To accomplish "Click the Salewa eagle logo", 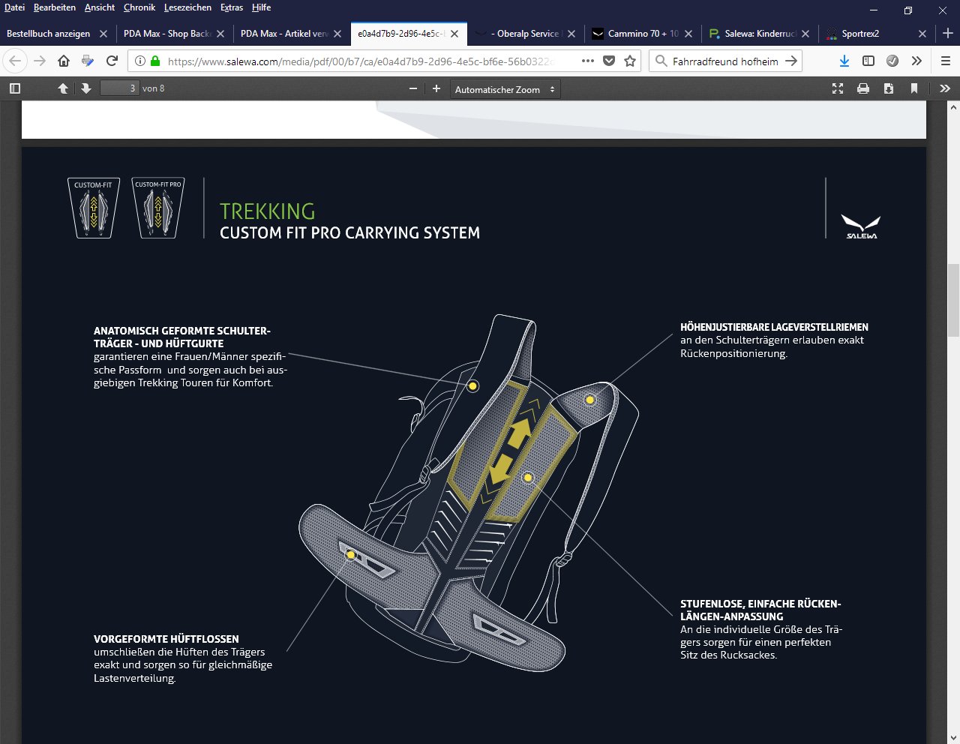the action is (x=860, y=226).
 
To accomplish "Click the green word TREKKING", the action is (x=267, y=211).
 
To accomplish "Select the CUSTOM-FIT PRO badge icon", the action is (x=158, y=208).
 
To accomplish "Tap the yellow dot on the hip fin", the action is (x=351, y=554).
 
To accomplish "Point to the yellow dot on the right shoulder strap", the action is (x=589, y=400).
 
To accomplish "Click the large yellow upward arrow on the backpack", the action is (x=519, y=432).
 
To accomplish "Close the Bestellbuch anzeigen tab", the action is (x=103, y=34).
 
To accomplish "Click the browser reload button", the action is (x=112, y=61).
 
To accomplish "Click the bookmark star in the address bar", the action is (x=630, y=61).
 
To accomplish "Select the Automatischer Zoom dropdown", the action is (x=505, y=89).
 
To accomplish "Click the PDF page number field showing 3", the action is (x=120, y=88).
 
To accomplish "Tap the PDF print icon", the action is (x=862, y=88).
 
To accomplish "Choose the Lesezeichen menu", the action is (x=187, y=7).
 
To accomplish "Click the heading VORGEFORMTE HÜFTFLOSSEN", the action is (x=166, y=639).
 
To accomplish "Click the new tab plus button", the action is (x=947, y=34).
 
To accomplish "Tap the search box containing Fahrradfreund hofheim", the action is (x=725, y=61).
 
